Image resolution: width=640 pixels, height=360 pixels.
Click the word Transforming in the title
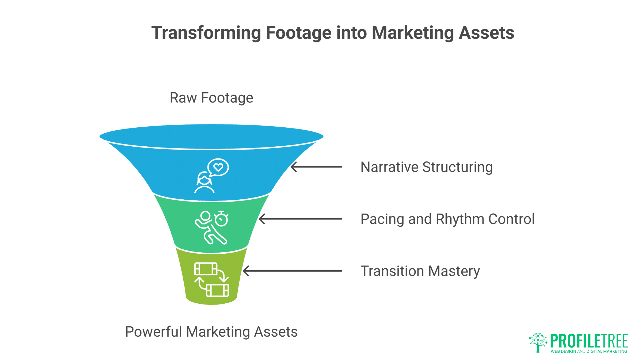[206, 33]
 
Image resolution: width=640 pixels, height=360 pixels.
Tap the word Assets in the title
[486, 33]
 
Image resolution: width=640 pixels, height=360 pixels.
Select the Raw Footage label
[211, 98]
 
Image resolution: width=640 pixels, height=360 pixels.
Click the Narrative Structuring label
[426, 167]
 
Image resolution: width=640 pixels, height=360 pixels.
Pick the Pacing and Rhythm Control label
[447, 219]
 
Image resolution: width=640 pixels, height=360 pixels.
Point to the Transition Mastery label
[420, 271]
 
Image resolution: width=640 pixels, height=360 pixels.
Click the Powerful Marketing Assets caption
[211, 332]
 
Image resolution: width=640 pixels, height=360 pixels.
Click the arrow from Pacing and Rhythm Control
[300, 219]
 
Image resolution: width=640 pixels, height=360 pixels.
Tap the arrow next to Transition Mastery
[292, 271]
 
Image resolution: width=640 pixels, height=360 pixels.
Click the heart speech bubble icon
[218, 167]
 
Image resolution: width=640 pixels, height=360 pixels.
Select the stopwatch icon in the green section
[221, 219]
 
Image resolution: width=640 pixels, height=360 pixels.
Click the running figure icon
[209, 228]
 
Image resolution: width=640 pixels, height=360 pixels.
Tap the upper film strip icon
[206, 269]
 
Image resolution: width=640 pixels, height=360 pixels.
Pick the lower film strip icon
[217, 290]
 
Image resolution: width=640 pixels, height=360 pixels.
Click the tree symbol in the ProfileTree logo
[538, 342]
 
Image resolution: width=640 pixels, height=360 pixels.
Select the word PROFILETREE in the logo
[589, 341]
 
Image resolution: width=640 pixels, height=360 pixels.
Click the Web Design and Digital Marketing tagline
[589, 351]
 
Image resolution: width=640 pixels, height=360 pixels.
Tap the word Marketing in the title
[413, 33]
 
